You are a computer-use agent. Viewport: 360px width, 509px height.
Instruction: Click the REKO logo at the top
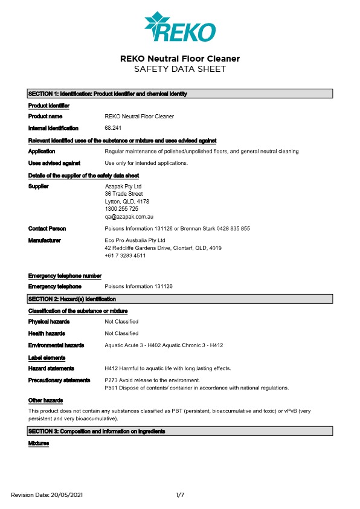180,27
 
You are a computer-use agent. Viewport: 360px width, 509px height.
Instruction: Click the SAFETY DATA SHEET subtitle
180,69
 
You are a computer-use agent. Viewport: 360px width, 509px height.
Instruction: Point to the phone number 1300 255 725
121,208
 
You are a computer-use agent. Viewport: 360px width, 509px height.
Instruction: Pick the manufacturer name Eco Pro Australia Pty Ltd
136,240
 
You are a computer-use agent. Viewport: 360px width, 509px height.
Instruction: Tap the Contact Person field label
47,229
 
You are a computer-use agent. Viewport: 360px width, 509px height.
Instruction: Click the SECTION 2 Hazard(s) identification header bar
180,299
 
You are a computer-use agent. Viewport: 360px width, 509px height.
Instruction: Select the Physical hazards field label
49,322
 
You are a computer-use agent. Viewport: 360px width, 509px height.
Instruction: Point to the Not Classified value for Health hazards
121,333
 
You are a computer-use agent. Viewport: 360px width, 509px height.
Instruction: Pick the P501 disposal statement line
197,388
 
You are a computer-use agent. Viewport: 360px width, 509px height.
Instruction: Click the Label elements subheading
47,357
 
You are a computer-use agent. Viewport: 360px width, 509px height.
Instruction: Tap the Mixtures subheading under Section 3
39,444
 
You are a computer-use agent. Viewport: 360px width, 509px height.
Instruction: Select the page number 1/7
180,495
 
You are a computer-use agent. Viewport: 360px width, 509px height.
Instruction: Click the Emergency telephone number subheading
65,276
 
